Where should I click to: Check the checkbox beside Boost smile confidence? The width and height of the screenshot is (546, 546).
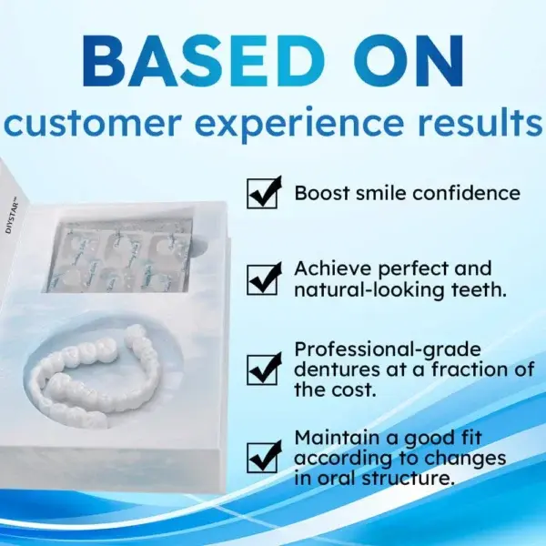coord(264,193)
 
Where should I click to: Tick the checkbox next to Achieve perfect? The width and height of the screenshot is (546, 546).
coord(264,278)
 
